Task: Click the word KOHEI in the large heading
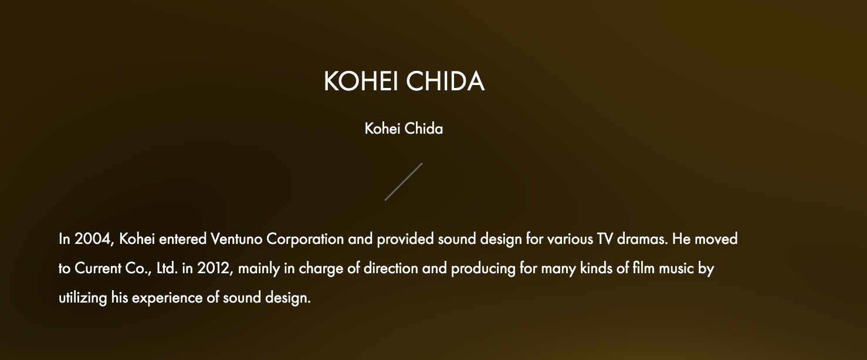361,81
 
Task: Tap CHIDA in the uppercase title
445,81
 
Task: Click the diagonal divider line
404,182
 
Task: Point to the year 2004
93,239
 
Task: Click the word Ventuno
236,239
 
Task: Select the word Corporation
305,240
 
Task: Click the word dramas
642,239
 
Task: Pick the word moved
716,239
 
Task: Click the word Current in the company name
98,269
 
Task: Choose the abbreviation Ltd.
167,269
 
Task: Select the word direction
391,269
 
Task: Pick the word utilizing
83,298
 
